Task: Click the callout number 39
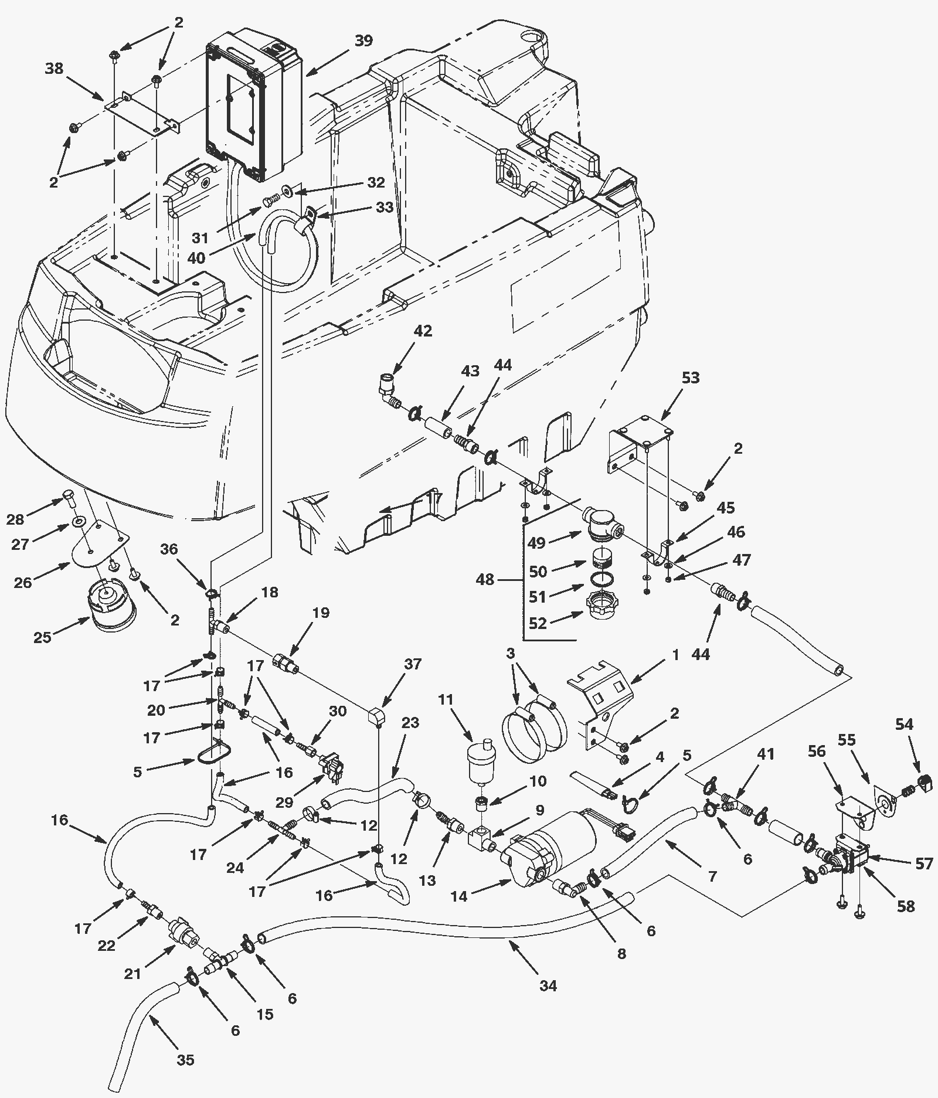(363, 40)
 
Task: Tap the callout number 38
(55, 69)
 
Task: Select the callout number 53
(691, 378)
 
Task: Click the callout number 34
(548, 987)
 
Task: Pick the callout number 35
(185, 1060)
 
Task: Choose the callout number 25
(42, 637)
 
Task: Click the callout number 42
(423, 331)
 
